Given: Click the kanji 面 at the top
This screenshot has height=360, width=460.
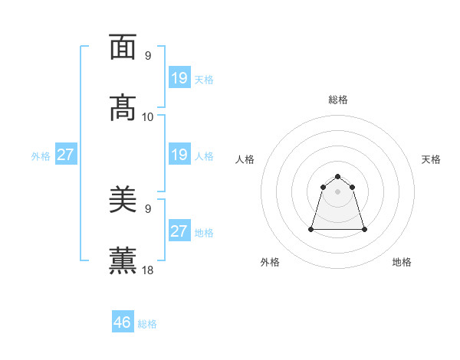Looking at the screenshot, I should [123, 47].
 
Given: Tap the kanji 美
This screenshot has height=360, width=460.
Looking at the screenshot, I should [123, 201].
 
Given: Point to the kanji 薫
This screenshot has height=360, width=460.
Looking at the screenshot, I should [123, 260].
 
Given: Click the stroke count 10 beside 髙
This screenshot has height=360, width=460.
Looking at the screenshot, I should [148, 116].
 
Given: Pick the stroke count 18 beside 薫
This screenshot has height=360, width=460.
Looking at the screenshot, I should [148, 270].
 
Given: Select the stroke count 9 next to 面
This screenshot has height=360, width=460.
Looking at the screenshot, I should [148, 56].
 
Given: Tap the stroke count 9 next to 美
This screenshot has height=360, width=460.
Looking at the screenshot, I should [148, 208].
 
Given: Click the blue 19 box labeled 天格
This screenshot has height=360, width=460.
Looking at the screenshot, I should [179, 78].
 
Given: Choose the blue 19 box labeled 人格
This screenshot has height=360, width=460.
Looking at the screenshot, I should [179, 155].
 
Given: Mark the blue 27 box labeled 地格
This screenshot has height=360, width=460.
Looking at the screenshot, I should [179, 231].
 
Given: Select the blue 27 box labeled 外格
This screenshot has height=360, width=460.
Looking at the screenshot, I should [66, 155].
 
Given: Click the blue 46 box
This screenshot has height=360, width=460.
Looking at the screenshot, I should [123, 322].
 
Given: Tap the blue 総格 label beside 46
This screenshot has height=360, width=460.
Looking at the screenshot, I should [147, 324].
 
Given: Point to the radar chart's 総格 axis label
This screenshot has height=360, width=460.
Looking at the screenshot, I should [338, 100].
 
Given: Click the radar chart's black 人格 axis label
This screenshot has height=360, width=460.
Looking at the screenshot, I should [245, 159].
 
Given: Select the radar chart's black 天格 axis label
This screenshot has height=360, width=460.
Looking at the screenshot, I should [431, 159].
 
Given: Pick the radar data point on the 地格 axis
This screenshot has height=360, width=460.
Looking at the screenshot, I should [364, 229].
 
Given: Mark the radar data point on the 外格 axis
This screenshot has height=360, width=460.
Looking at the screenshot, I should [312, 229].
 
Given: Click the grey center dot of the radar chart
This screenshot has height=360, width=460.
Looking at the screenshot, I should [338, 191].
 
